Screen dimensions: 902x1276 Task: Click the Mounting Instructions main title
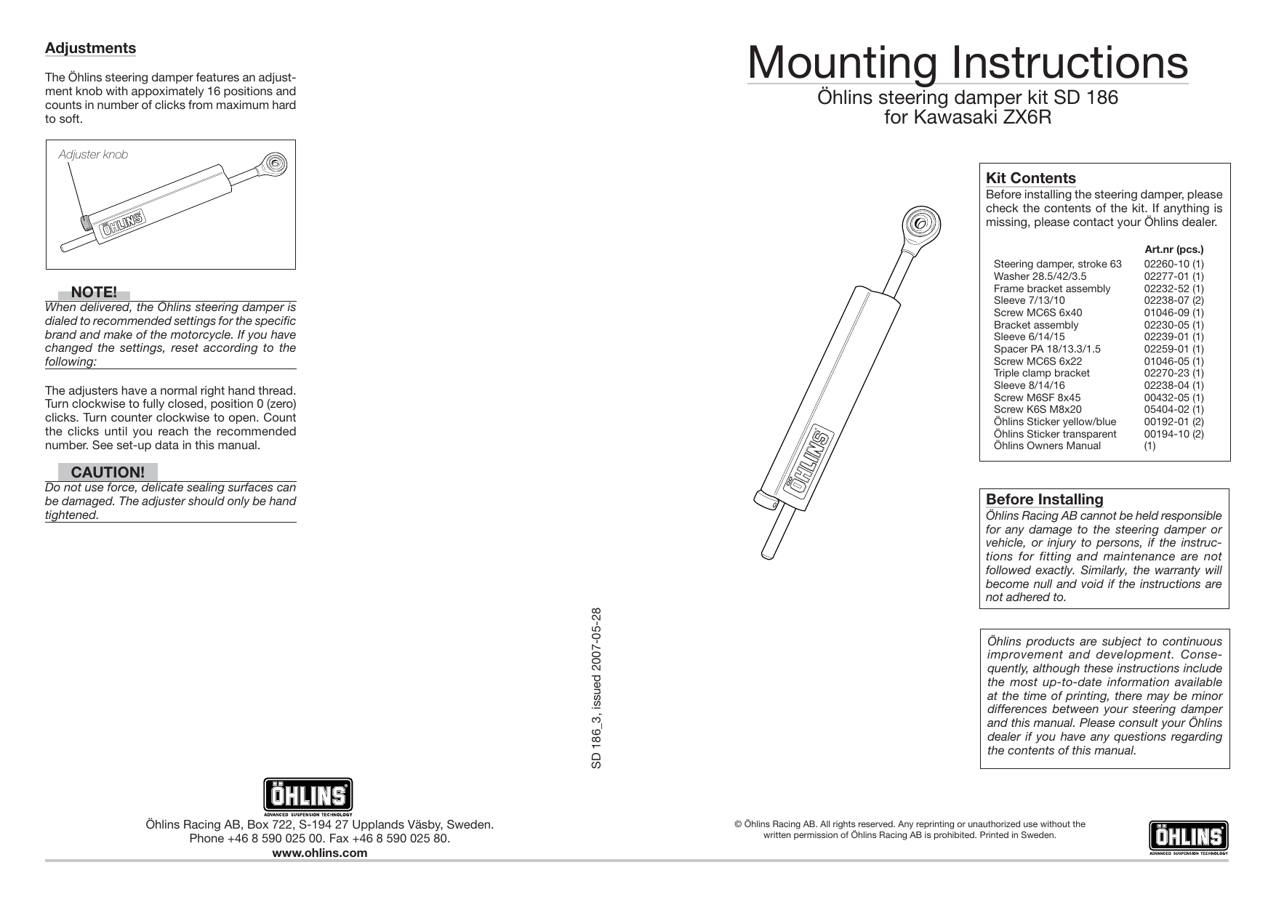pyautogui.click(x=967, y=63)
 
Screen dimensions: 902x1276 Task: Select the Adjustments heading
pyautogui.click(x=90, y=49)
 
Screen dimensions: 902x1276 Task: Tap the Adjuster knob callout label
pyautogui.click(x=93, y=155)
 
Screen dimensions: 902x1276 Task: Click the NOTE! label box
pyautogui.click(x=94, y=293)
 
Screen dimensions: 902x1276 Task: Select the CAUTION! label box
pyautogui.click(x=108, y=472)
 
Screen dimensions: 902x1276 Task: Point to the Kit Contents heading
pyautogui.click(x=1030, y=178)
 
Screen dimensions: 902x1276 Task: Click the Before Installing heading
pyautogui.click(x=1044, y=499)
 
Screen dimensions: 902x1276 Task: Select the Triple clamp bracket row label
pyautogui.click(x=1041, y=374)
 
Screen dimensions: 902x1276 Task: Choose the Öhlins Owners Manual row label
pyautogui.click(x=1046, y=446)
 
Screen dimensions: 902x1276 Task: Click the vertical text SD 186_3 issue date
pyautogui.click(x=596, y=688)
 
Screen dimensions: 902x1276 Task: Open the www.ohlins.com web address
pyautogui.click(x=319, y=853)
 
